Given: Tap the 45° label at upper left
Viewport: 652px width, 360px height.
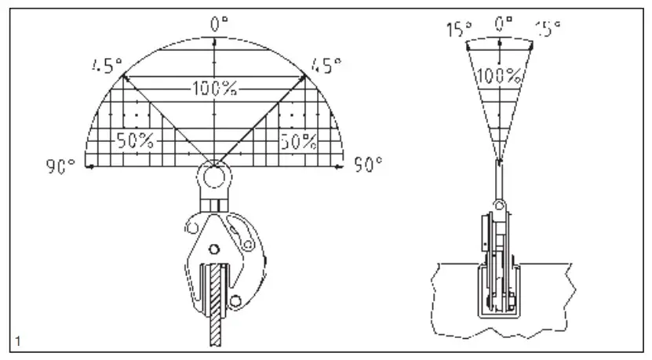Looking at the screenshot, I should (x=103, y=66).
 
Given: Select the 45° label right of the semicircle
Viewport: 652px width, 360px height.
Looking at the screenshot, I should (x=326, y=66).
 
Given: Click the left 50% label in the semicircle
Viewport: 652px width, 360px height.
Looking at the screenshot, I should (x=134, y=140).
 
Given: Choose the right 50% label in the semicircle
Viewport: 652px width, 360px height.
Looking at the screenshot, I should (x=298, y=140).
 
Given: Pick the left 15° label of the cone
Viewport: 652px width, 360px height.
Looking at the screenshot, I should (x=458, y=29).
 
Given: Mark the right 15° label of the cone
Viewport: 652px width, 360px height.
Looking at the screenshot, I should (x=547, y=29).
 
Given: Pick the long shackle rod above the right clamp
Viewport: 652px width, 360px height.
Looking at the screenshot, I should (x=498, y=180).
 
